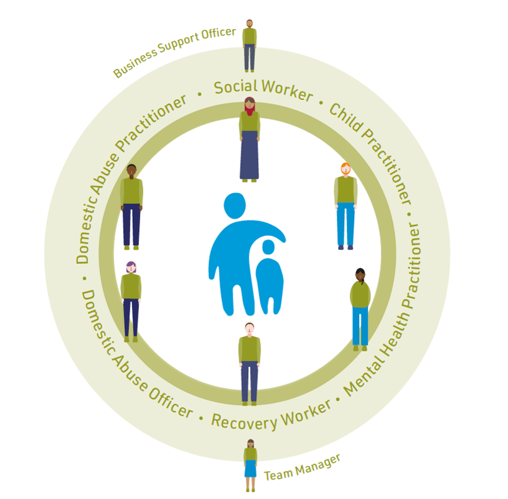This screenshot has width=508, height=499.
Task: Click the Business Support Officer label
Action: click(174, 53)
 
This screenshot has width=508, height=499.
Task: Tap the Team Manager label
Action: click(302, 467)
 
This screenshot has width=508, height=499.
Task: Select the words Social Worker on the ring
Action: click(263, 90)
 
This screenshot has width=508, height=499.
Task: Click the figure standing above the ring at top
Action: click(249, 45)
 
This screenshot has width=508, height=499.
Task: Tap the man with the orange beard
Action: click(345, 205)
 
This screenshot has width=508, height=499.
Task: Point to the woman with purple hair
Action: click(131, 301)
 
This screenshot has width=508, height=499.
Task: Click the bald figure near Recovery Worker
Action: click(249, 363)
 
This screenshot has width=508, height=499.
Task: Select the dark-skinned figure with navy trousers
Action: click(131, 205)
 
